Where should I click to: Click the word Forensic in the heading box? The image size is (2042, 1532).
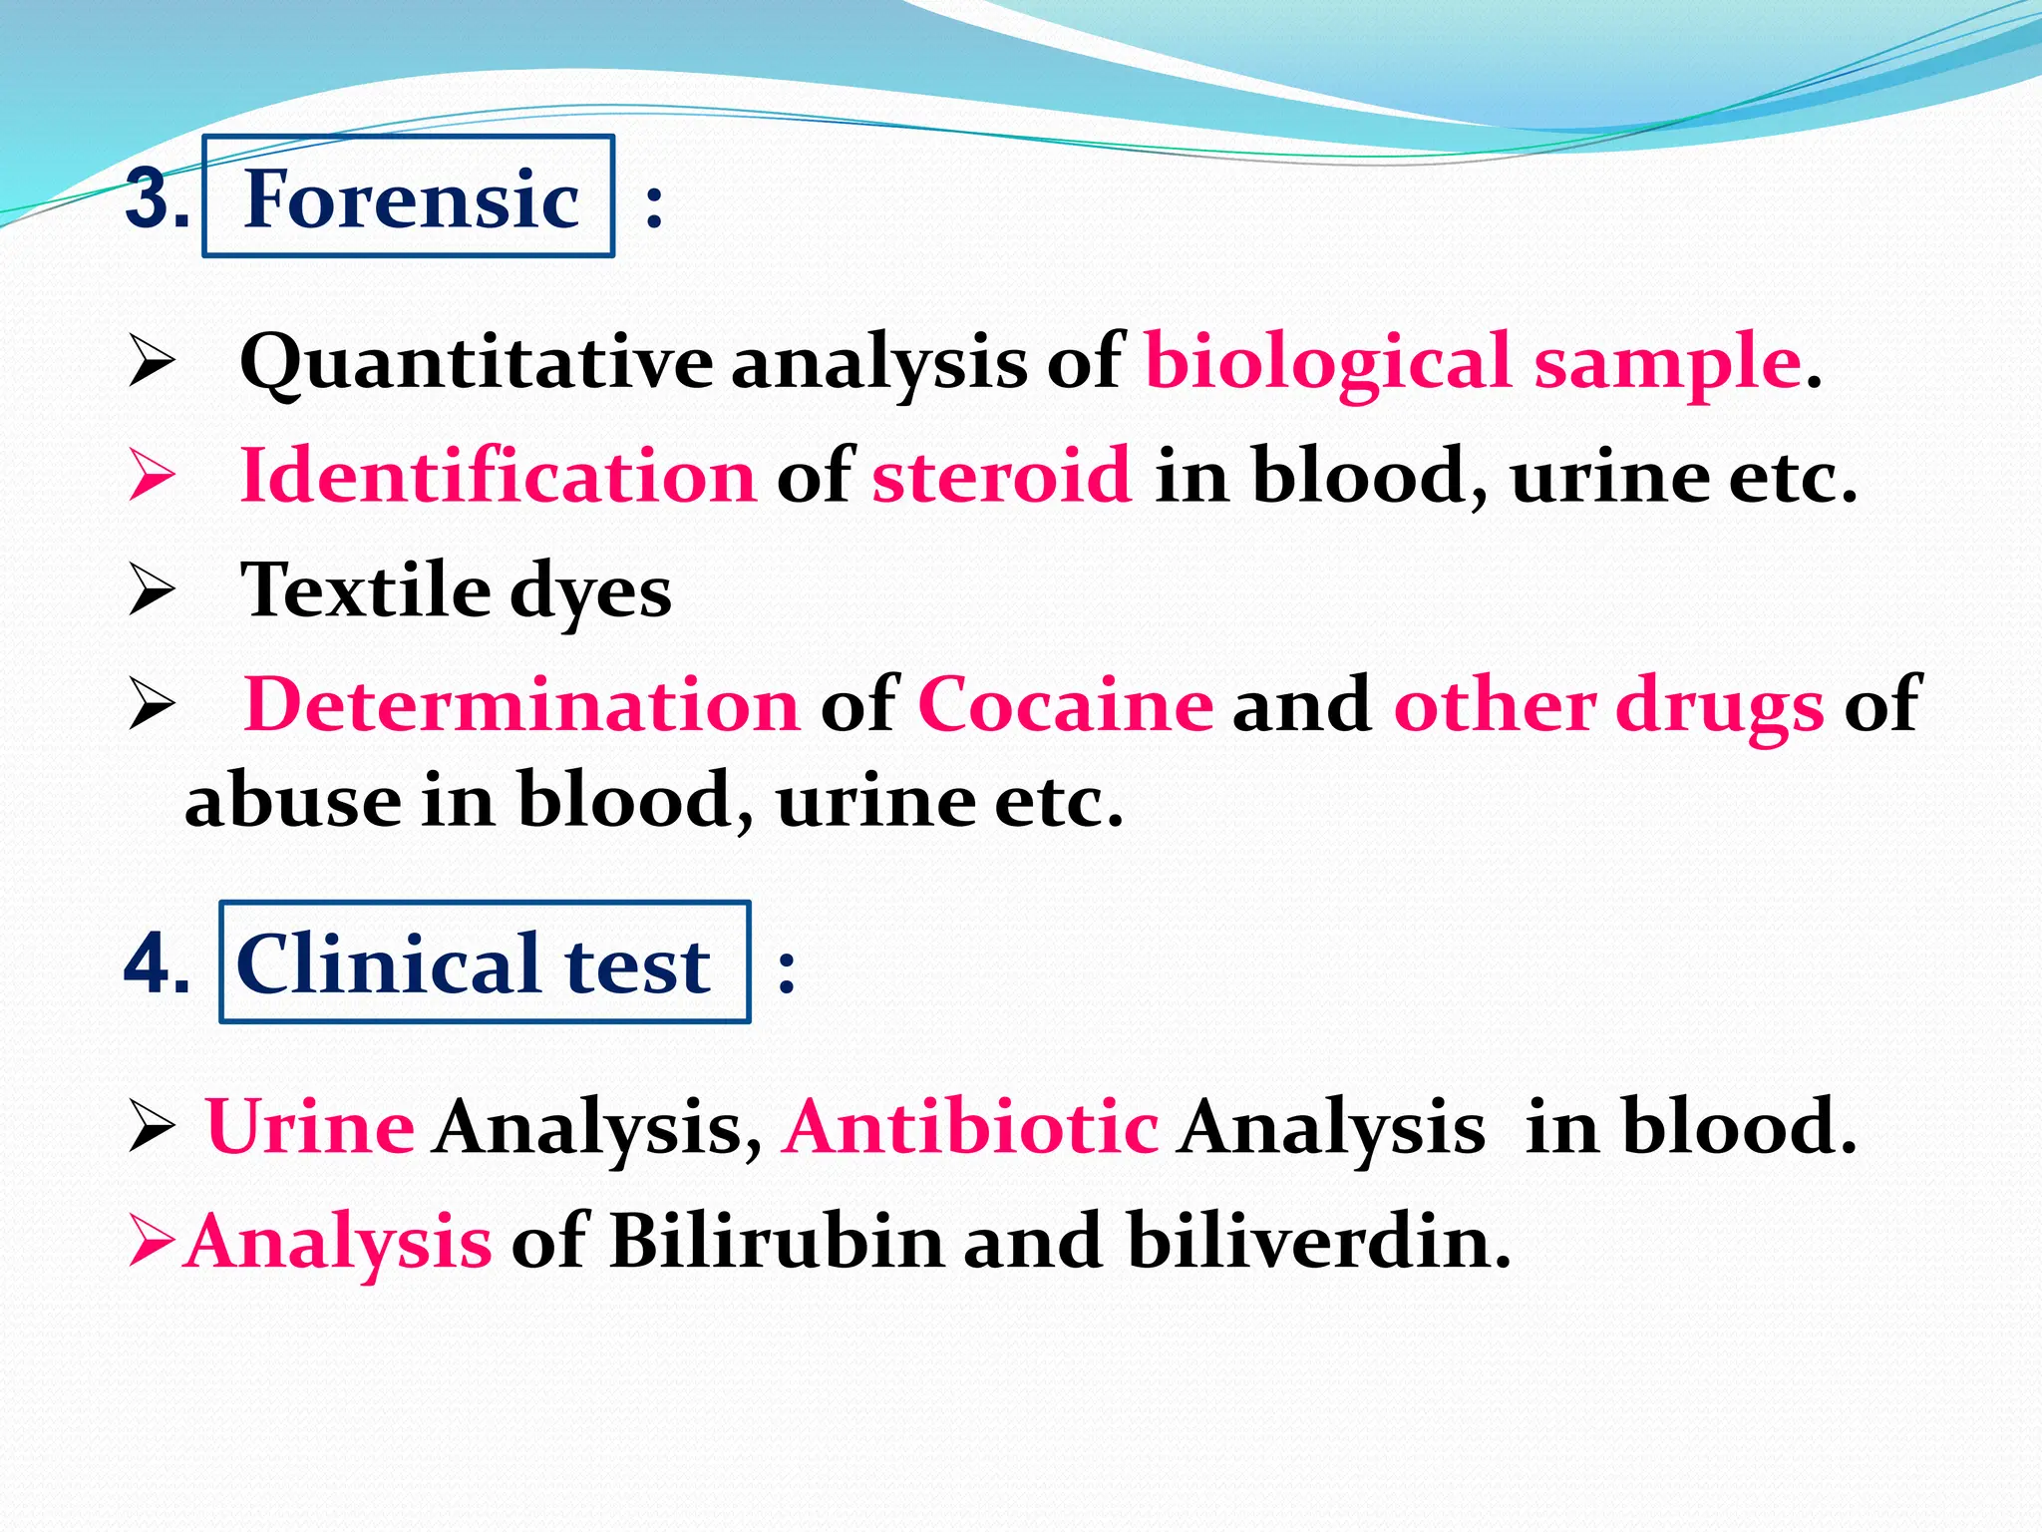[411, 198]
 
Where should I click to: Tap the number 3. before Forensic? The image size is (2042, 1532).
[157, 198]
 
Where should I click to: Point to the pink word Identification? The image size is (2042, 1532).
[499, 476]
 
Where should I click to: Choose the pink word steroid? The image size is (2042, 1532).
[1002, 476]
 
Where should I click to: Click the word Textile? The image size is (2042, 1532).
[365, 590]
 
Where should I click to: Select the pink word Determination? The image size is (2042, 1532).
[521, 705]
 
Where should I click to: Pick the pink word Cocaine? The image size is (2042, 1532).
[1065, 705]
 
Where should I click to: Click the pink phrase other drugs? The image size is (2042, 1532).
[1608, 705]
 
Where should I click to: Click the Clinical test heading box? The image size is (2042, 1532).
[484, 962]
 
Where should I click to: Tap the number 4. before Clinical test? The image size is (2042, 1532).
[157, 964]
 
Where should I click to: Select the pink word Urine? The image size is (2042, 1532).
[310, 1127]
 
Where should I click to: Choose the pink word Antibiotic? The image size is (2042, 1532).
[970, 1127]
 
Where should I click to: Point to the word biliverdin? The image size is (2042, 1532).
[1319, 1241]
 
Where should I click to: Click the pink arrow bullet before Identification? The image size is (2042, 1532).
[152, 476]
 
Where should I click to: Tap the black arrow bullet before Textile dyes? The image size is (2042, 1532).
[152, 589]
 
